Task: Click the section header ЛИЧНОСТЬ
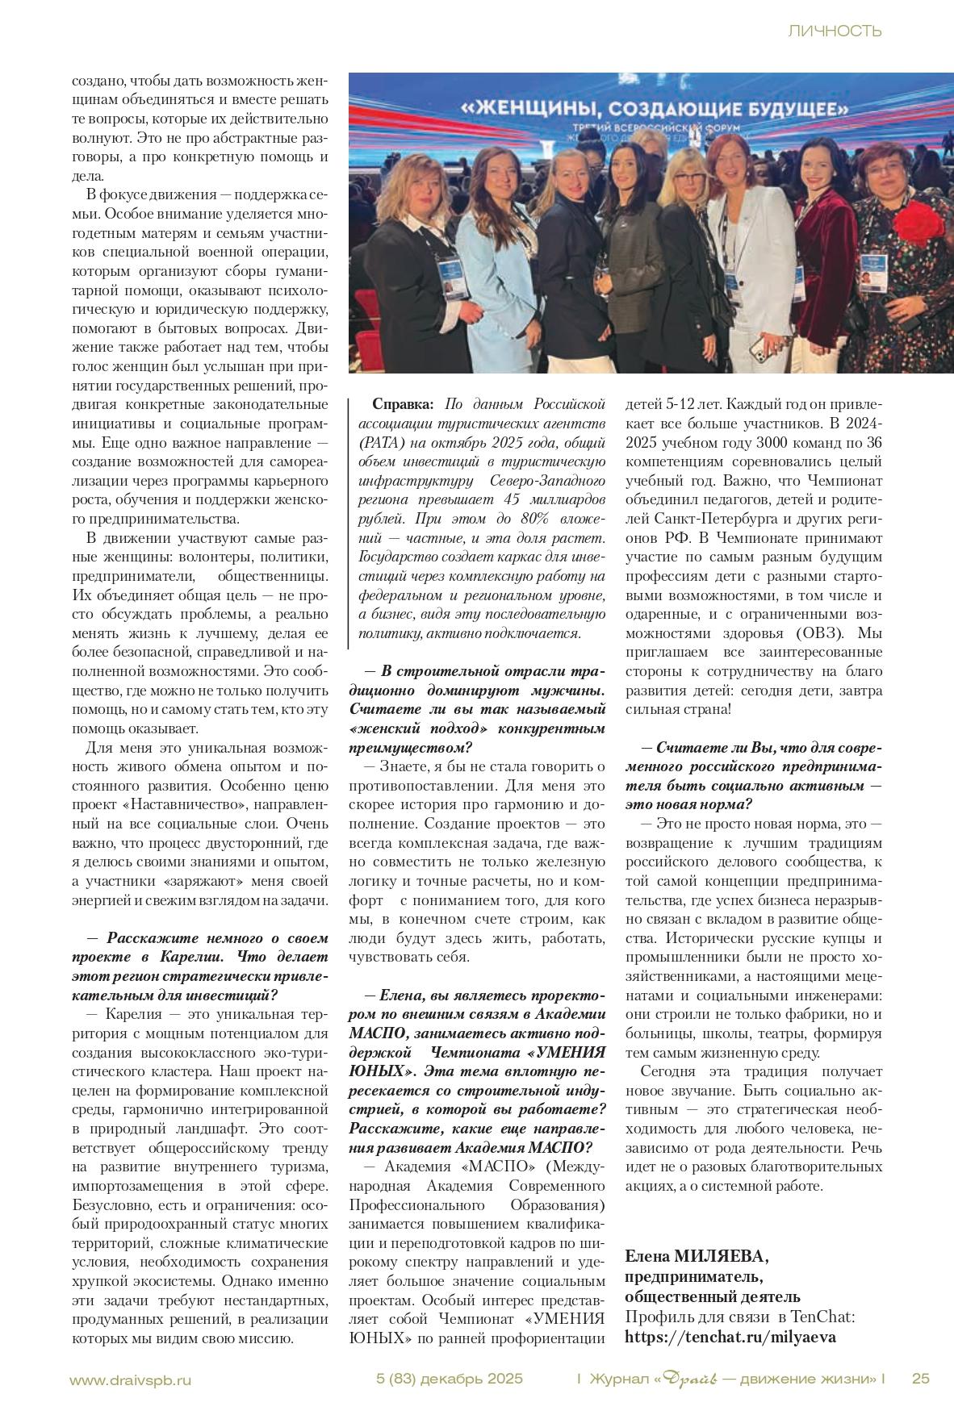[834, 31]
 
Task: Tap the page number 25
[920, 1379]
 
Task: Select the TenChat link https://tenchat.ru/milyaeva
[730, 1337]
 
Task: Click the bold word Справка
[402, 403]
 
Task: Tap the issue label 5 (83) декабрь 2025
[450, 1379]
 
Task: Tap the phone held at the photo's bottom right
[759, 349]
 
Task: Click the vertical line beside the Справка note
[349, 520]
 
